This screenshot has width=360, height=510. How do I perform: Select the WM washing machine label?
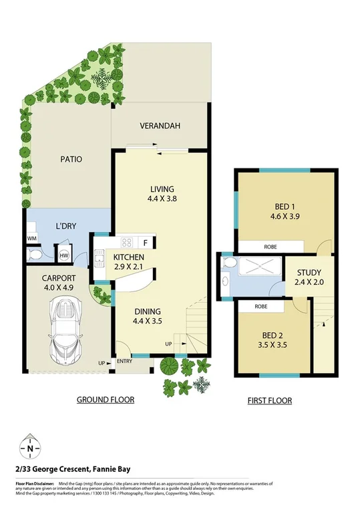point(31,239)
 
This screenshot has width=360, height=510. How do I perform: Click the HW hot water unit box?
point(65,255)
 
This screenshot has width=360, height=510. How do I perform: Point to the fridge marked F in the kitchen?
point(146,243)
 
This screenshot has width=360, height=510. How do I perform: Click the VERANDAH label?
point(160,126)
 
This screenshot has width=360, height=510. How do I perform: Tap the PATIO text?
point(71,159)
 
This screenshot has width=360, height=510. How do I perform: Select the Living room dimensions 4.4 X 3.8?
point(161,199)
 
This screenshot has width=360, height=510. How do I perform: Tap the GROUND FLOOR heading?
point(106,400)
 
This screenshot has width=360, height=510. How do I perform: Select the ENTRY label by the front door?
point(124,361)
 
